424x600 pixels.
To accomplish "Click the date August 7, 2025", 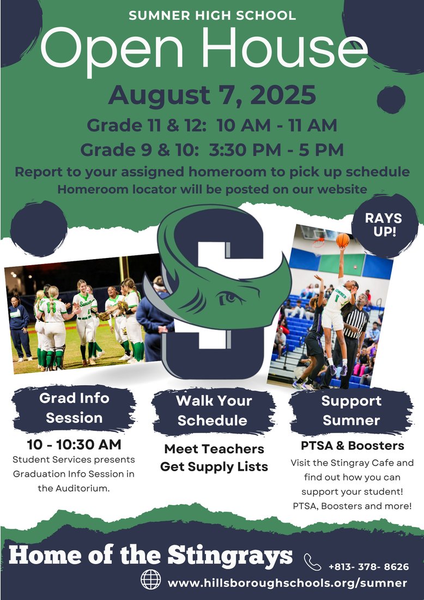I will pos(212,94).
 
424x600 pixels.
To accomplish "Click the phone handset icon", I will pos(312,561).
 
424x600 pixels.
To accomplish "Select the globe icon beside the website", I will pos(151,579).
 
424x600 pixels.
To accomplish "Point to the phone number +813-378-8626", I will pos(368,567).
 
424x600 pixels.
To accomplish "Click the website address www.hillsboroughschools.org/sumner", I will pos(287,583).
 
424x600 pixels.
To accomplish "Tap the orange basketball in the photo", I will pos(342,240).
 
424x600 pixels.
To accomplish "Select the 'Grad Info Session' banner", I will pos(74,408).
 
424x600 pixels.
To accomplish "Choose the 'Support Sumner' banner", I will pos(351,410).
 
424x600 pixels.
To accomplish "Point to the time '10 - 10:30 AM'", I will pos(74,444).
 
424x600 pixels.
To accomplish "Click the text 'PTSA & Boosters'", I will pos(353,446).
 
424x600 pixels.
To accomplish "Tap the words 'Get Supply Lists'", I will pos(214,467).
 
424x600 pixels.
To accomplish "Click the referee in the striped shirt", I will pos(354,327).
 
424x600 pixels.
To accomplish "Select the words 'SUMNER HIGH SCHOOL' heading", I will pos(213,16).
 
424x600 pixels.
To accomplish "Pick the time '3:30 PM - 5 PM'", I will pos(272,149).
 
